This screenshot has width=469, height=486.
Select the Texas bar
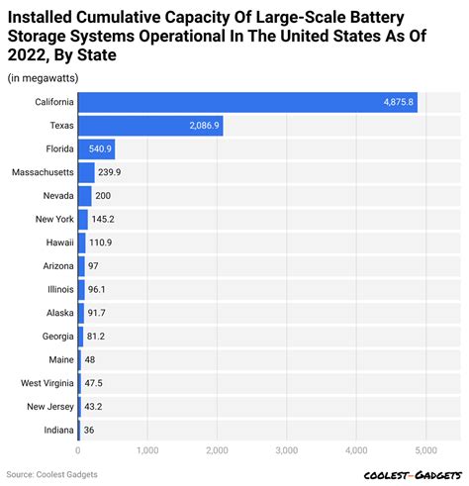(x=149, y=126)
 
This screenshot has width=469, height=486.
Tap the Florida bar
(x=96, y=149)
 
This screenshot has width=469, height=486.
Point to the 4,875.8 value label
(x=400, y=102)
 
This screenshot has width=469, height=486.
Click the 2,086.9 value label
(x=204, y=126)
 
